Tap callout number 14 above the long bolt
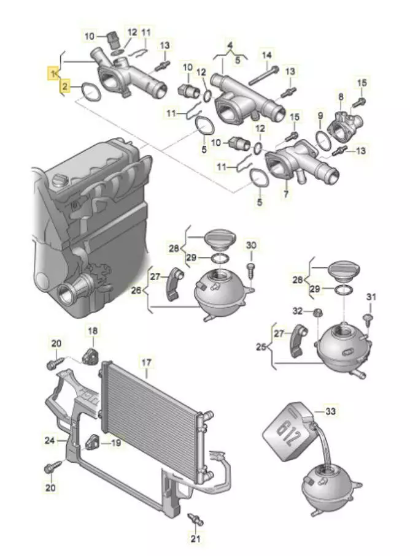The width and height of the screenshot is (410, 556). coord(266,56)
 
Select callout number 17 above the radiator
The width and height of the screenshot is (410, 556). coord(145,362)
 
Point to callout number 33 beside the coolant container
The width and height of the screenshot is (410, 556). coord(331,412)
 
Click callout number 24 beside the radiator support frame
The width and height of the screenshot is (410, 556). coord(49,440)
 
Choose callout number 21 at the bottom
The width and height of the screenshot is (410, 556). coord(196,539)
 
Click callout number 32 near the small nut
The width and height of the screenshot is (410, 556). coord(298,311)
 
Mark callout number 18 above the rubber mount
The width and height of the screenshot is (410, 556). coord(91,331)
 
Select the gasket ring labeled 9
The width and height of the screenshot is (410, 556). coord(320,139)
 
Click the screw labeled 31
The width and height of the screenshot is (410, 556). coord(367,318)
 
